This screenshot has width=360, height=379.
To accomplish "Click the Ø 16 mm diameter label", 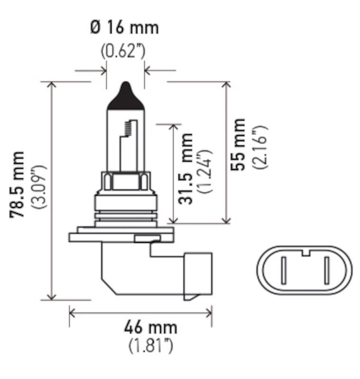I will (x=124, y=27).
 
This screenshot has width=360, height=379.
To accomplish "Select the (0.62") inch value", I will (x=123, y=50).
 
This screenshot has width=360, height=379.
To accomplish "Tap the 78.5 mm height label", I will (x=18, y=185).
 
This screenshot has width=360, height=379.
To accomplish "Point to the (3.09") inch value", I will (x=38, y=187).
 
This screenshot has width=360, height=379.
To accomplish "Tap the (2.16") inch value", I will (x=260, y=147).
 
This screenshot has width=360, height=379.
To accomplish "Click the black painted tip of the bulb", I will (x=125, y=97).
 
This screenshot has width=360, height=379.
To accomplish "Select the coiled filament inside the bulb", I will (x=127, y=127).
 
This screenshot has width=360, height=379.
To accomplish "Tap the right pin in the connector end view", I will (x=326, y=270).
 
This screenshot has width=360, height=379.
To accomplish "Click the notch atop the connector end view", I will (x=306, y=252).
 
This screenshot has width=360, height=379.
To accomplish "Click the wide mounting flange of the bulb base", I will (x=121, y=235).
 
